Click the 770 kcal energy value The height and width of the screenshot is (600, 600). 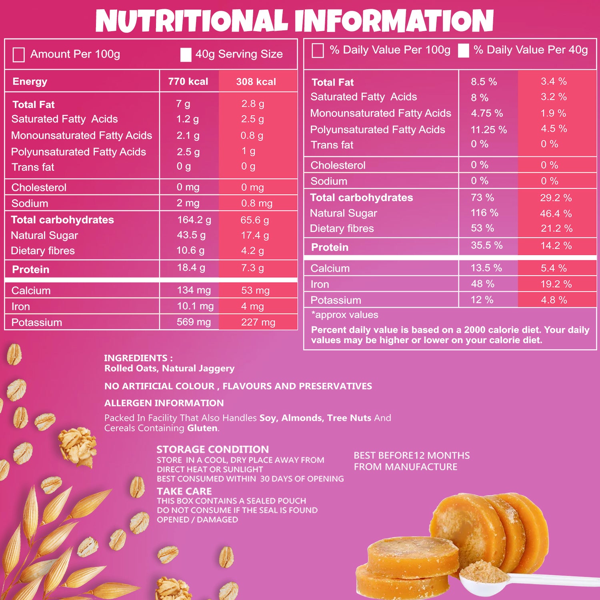coord(188,82)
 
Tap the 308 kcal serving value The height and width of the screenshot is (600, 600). coord(256,82)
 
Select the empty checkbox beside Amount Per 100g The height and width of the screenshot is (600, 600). coord(19,55)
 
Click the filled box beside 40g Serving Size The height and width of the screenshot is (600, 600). coord(186,55)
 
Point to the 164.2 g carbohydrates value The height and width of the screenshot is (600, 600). coord(194,220)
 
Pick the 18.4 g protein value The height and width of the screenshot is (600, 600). coord(191,268)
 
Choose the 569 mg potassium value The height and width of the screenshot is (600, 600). coord(194,322)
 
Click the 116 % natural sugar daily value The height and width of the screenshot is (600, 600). coord(484,213)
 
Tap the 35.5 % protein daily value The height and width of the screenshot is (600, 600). coord(486,245)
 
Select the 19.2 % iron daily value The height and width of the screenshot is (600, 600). coord(556,284)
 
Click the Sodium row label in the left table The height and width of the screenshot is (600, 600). coord(30,203)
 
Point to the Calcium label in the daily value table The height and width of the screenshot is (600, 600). coord(330,268)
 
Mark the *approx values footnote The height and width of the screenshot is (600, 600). coord(345,315)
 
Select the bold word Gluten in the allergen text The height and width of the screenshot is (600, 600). coord(202,428)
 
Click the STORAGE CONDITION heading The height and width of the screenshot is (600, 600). coord(212,449)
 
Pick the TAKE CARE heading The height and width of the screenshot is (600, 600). coord(184,491)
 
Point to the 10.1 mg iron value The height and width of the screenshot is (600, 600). coord(195,306)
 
